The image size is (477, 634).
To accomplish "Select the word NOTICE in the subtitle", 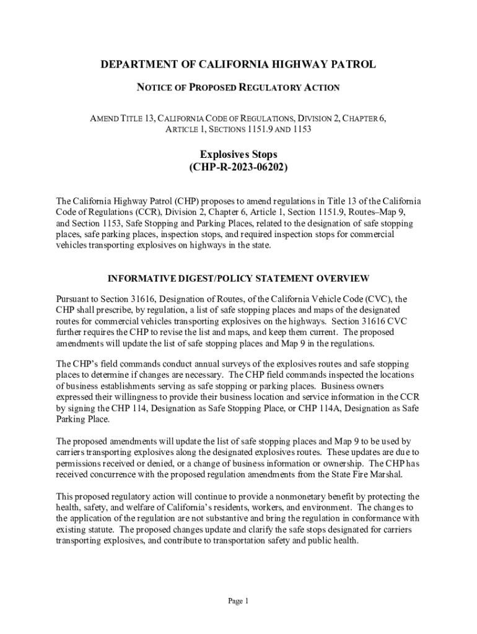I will click(152, 88).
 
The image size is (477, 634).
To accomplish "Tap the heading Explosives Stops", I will click(238, 154).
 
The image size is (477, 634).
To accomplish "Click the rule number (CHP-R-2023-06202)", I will click(239, 168).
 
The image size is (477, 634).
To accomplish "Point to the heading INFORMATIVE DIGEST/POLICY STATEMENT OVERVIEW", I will click(239, 278).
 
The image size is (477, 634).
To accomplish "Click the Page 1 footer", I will click(238, 601).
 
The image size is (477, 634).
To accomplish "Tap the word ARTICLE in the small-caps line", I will click(183, 129).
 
